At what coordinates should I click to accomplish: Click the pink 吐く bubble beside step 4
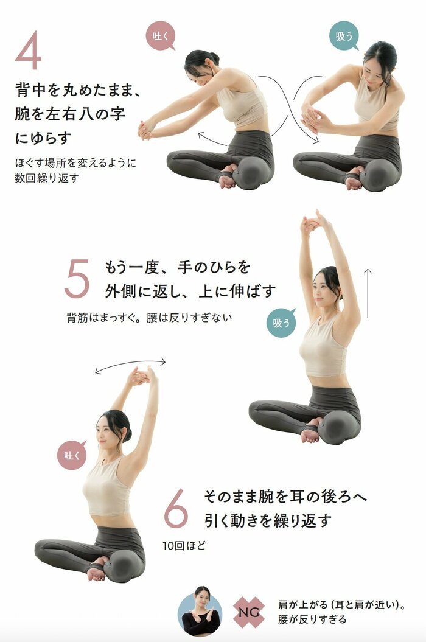(x=160, y=36)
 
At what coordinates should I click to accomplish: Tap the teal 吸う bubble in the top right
(x=344, y=36)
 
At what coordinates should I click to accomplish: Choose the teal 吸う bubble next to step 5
(x=281, y=323)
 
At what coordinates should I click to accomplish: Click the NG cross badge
(x=249, y=613)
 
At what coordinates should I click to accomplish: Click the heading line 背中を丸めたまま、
(x=79, y=91)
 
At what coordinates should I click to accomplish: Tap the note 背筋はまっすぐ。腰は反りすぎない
(x=149, y=317)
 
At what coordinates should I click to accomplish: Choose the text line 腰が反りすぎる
(x=312, y=619)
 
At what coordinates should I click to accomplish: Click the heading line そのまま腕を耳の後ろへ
(x=285, y=497)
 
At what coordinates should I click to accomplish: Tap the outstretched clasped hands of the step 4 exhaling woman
(x=145, y=128)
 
